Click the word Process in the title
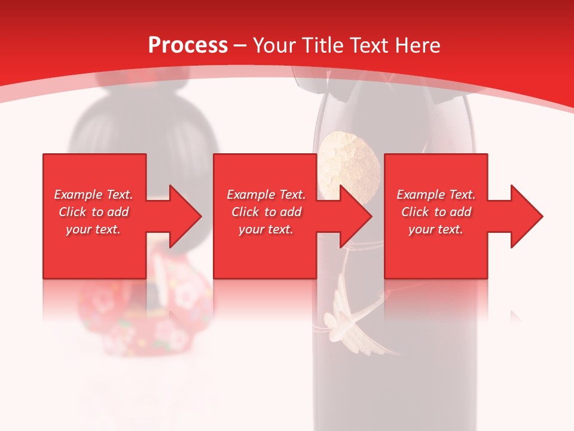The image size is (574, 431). pyautogui.click(x=188, y=45)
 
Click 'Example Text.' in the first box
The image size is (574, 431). pyautogui.click(x=94, y=195)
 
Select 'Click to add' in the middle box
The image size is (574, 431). pyautogui.click(x=266, y=212)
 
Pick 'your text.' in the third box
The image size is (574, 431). pyautogui.click(x=436, y=229)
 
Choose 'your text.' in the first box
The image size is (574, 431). pyautogui.click(x=94, y=229)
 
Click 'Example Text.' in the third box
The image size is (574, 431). pyautogui.click(x=436, y=195)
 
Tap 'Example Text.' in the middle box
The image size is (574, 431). pyautogui.click(x=266, y=195)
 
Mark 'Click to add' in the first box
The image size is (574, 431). pyautogui.click(x=94, y=212)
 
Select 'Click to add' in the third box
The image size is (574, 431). pyautogui.click(x=436, y=212)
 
